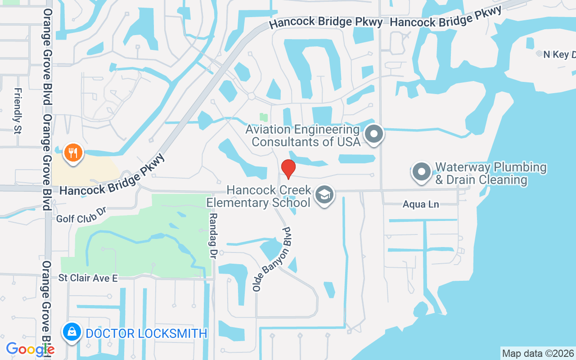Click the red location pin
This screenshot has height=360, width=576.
tap(288, 169)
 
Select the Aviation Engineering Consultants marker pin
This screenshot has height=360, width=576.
tap(373, 134)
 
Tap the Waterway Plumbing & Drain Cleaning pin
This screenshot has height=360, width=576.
tap(422, 172)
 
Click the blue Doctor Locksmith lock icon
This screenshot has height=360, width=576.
tap(72, 333)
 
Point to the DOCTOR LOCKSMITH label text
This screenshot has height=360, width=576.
tap(146, 333)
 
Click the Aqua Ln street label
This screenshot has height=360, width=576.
tap(420, 205)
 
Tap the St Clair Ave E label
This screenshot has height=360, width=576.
tap(88, 279)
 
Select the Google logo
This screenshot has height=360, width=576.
tap(30, 349)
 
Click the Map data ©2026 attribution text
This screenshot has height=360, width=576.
tap(538, 353)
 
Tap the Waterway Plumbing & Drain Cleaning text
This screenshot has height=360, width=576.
tap(490, 174)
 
